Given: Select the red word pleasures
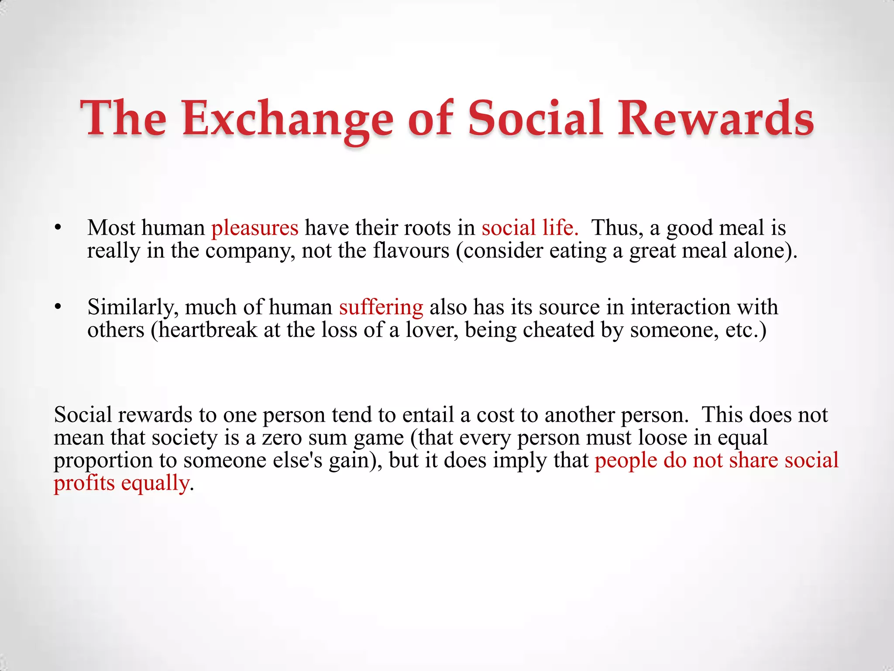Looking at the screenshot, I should (254, 228).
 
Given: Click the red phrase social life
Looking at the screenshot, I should (530, 228).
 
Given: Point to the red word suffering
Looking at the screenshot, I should (381, 307).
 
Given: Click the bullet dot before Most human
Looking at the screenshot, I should (57, 228).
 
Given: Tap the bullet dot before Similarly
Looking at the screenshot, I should (57, 307).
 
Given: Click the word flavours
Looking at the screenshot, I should (411, 251).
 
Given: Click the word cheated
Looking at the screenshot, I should (558, 330).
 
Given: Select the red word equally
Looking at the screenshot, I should (155, 484).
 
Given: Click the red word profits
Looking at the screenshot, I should (84, 484).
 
